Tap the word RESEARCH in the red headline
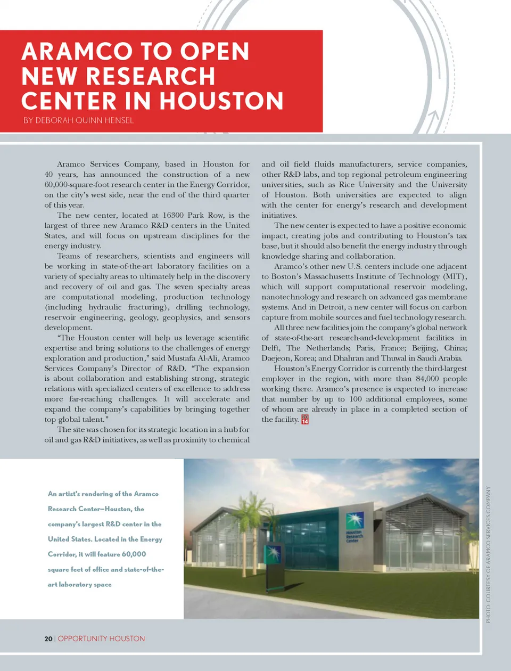coord(150,76)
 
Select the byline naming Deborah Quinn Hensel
coord(78,120)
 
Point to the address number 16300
coord(173,215)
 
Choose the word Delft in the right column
coord(270,348)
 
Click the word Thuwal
coord(395,358)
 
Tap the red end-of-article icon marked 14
coord(305,420)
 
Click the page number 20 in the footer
coord(48,639)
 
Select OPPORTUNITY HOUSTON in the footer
coord(101,639)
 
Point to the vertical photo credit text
coord(488,554)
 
